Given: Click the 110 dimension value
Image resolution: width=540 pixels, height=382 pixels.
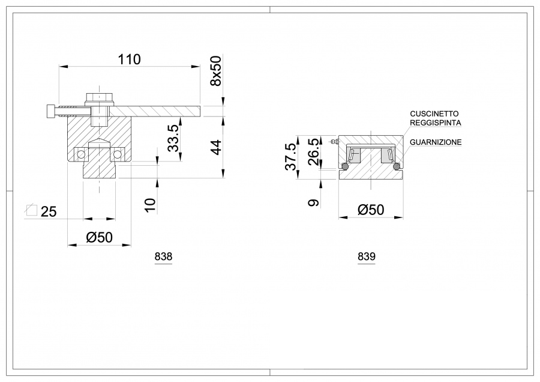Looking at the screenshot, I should click(x=130, y=59).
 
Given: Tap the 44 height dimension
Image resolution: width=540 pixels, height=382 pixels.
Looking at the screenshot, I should click(x=216, y=148).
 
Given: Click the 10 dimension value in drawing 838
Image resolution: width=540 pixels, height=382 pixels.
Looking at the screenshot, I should click(x=150, y=205).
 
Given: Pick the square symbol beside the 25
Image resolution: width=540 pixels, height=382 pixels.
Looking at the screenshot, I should click(x=32, y=210).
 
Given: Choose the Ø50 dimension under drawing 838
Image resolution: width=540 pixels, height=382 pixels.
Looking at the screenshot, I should click(x=99, y=237).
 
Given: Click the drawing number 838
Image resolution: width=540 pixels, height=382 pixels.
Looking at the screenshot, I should click(x=163, y=256).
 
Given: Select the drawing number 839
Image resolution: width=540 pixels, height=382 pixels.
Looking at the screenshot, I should click(x=366, y=256).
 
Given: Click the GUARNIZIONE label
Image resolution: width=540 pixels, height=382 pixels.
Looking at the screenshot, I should click(x=436, y=142).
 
